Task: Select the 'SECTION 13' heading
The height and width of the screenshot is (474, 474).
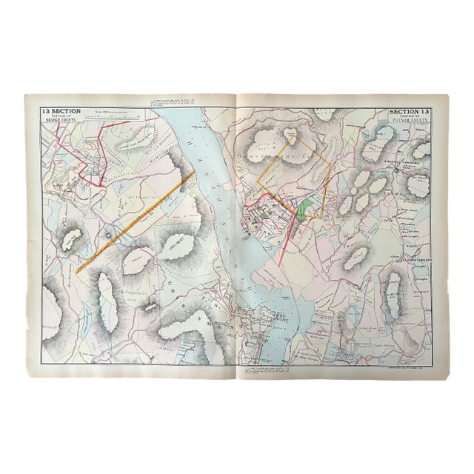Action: pos(409,113)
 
